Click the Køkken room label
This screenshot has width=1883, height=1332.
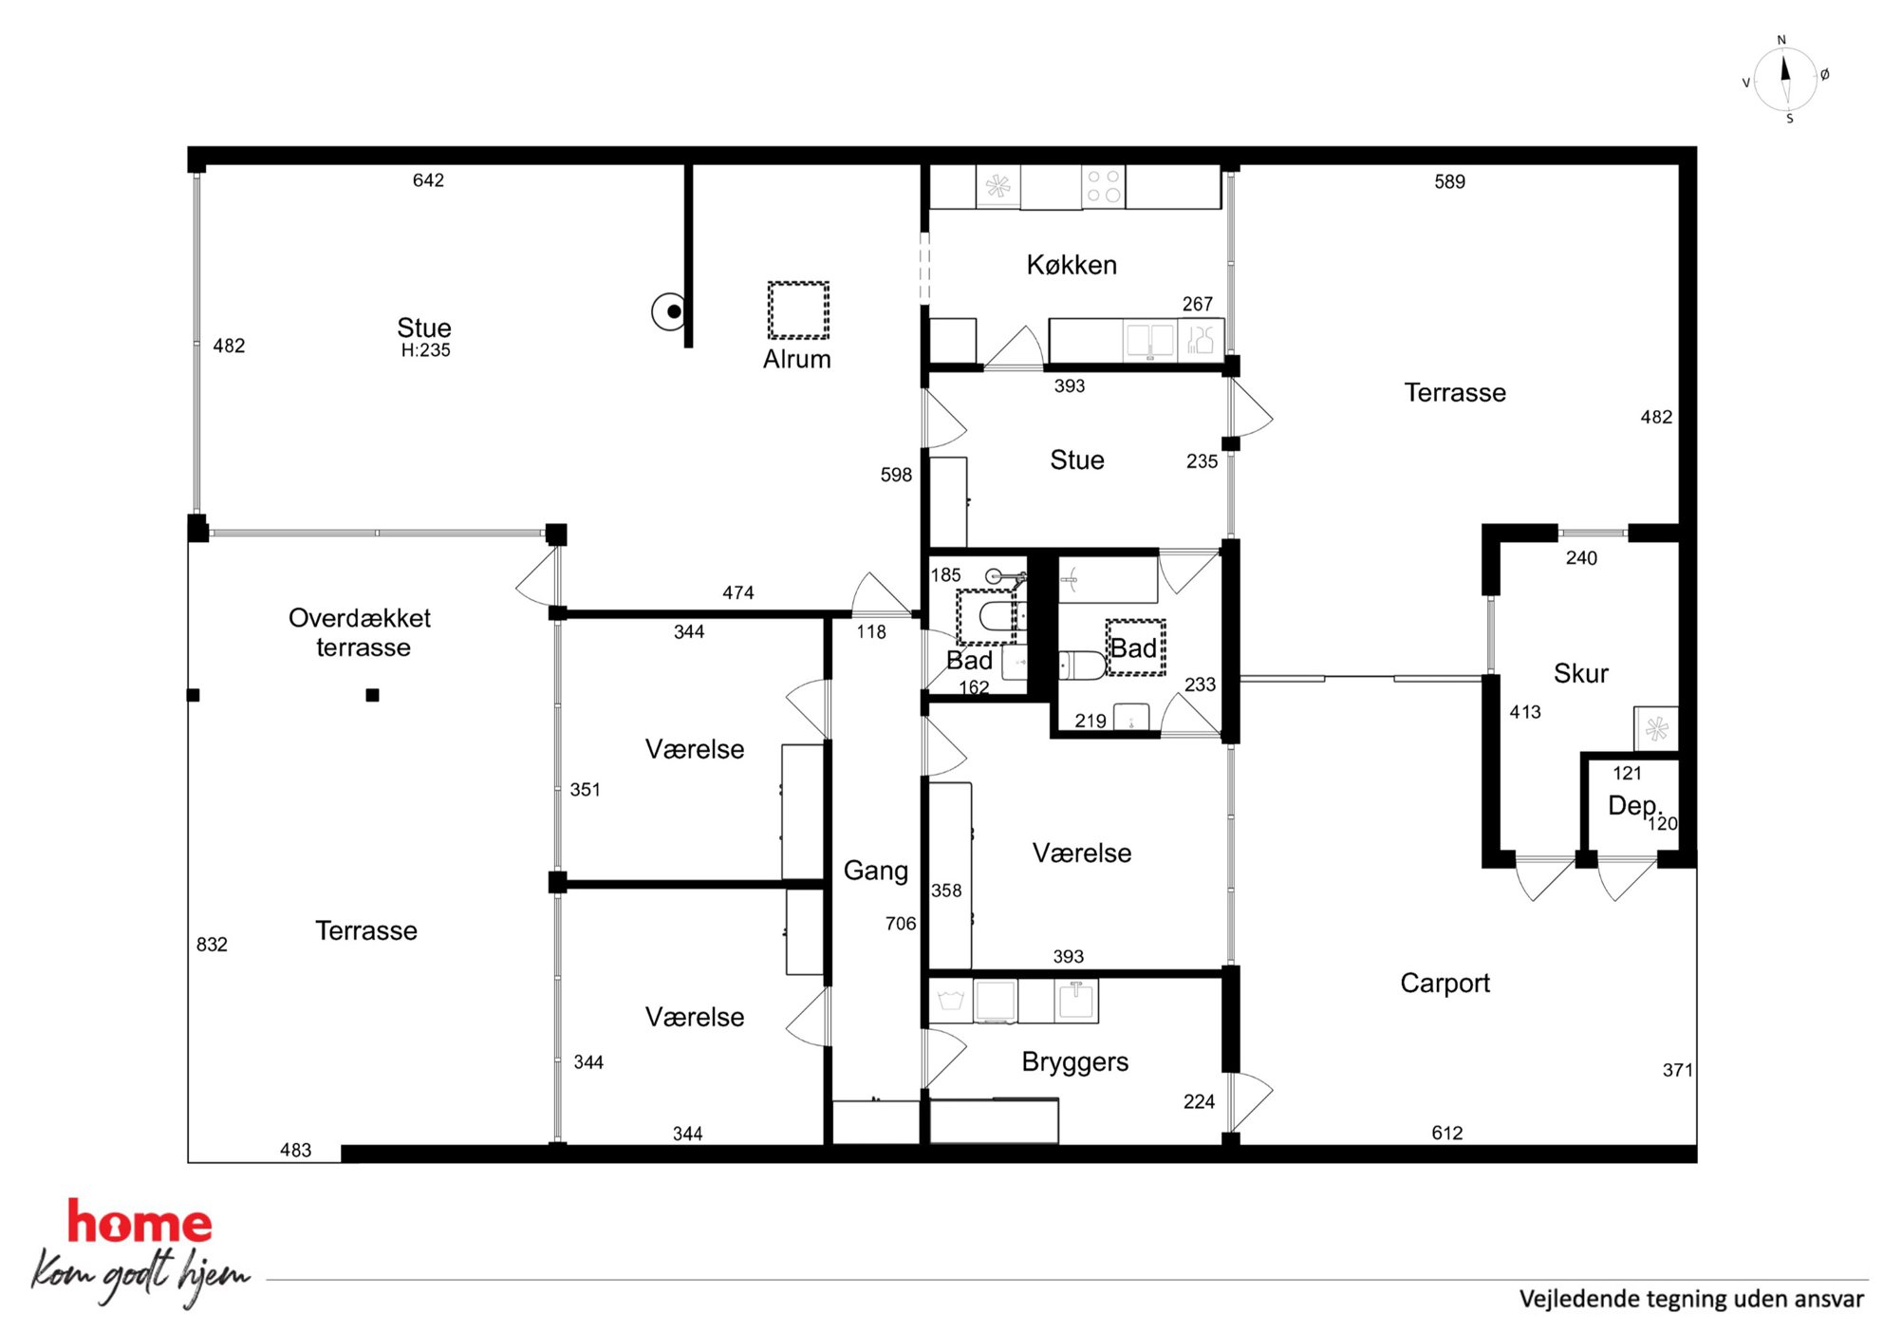coord(1072,265)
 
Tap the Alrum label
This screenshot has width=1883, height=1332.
coord(797,359)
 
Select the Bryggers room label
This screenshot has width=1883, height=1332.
coord(1075,1061)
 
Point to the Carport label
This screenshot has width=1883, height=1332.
coord(1445,984)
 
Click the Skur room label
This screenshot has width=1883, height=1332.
coord(1580,673)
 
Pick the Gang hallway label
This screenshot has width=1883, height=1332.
coord(876,872)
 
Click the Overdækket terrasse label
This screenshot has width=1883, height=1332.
coord(360,632)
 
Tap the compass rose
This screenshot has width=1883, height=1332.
coord(1785,80)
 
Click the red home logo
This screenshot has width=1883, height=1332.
coord(140,1223)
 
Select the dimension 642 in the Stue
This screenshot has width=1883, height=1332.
coord(428,180)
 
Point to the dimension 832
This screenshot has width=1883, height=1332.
coord(212,945)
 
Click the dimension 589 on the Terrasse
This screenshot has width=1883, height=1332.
coord(1449,181)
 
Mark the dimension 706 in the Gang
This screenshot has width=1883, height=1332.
coord(901,924)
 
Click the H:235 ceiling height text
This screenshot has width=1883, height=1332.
coord(425,350)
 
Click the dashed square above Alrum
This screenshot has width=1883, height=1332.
coord(798,310)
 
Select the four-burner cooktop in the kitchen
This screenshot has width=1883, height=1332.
coord(1103,186)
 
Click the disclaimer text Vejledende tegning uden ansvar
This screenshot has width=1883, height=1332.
coord(1691,1299)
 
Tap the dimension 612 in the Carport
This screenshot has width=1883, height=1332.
coord(1447,1133)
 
